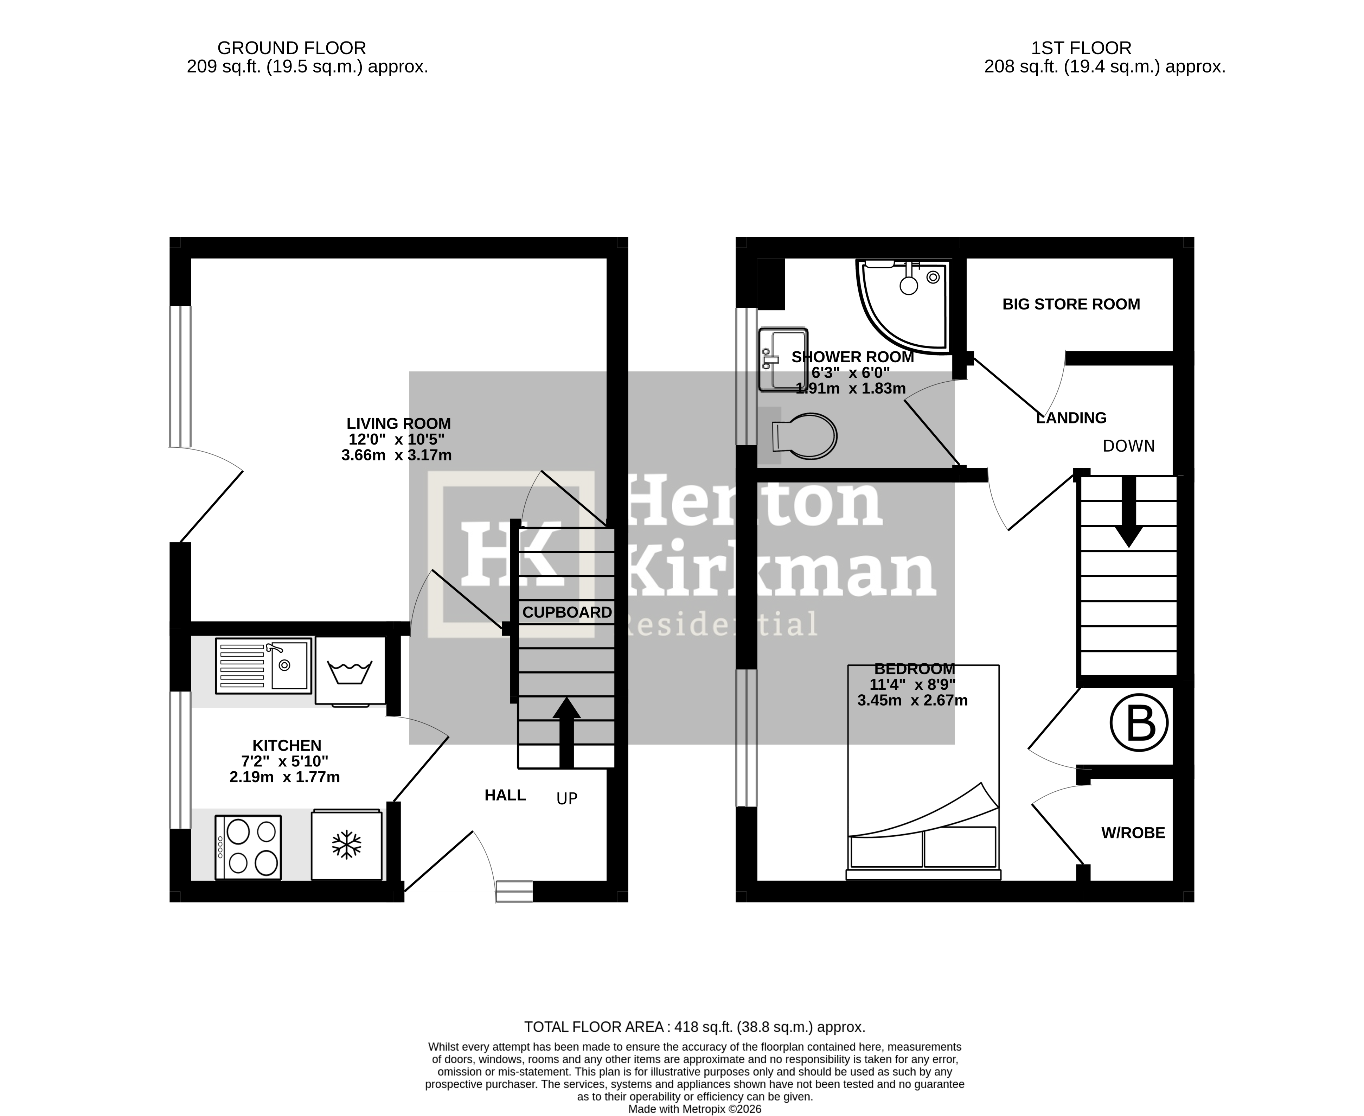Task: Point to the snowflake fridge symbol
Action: pyautogui.click(x=346, y=845)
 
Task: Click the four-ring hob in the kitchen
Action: pyautogui.click(x=248, y=847)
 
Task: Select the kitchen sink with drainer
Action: pyautogui.click(x=263, y=665)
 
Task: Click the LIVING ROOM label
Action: pyautogui.click(x=398, y=423)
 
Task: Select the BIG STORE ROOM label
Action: pyautogui.click(x=1071, y=304)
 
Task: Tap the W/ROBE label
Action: pyautogui.click(x=1133, y=833)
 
